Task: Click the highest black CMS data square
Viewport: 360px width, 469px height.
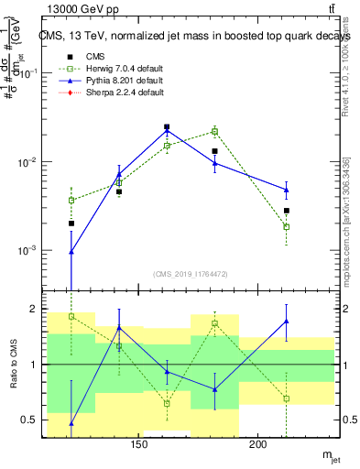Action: click(167, 127)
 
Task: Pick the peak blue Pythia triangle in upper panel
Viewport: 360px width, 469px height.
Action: click(167, 130)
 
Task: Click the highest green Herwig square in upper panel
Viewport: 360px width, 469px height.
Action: click(214, 131)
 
